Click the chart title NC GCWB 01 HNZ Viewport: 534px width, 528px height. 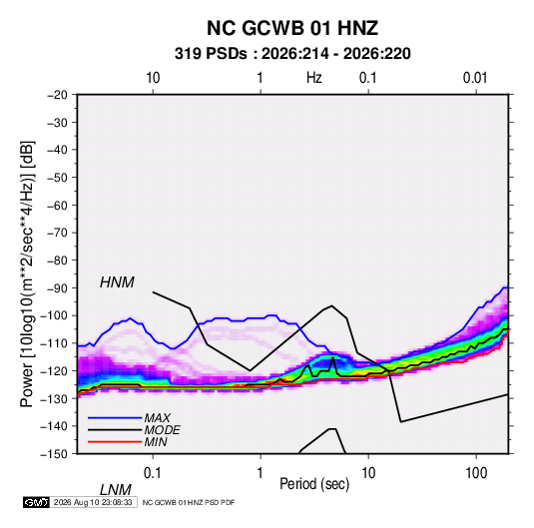[x=292, y=28]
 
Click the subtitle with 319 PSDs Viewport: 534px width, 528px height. [x=292, y=54]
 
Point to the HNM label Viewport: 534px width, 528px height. [x=117, y=282]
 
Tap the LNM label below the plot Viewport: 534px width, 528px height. [x=115, y=490]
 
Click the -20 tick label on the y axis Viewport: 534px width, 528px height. [x=57, y=95]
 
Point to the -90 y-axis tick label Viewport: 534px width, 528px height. [x=57, y=288]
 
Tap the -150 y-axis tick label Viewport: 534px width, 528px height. [x=54, y=454]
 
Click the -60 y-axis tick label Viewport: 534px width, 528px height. [x=57, y=205]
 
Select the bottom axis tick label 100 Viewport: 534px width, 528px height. [x=476, y=473]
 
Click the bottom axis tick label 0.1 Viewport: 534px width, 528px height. [x=152, y=473]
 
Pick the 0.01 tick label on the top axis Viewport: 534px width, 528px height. [x=475, y=78]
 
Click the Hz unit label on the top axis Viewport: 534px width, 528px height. [x=314, y=78]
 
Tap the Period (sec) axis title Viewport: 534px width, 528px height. [x=314, y=484]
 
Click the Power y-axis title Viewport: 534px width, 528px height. [x=27, y=274]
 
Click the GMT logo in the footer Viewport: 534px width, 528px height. [x=37, y=502]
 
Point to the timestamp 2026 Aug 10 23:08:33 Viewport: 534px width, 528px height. [x=93, y=502]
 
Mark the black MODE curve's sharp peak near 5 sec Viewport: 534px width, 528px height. [x=333, y=357]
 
